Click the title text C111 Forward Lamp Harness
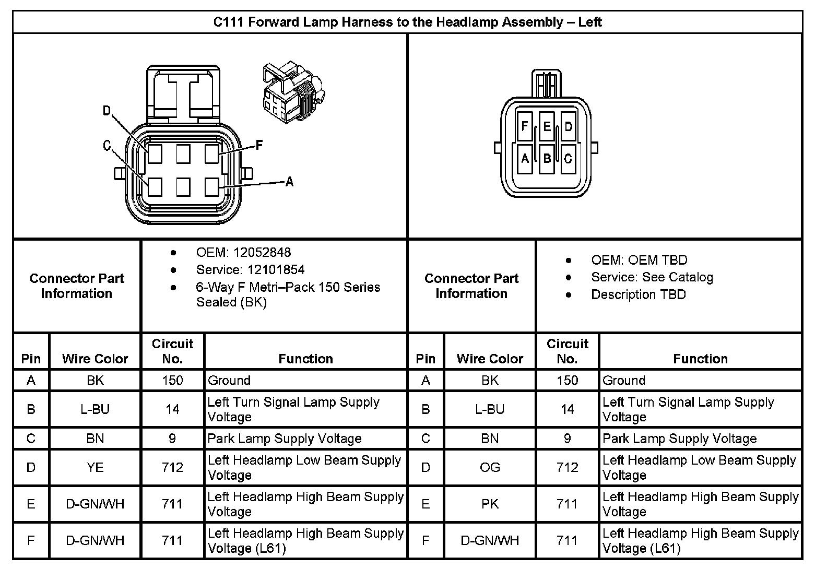tap(407, 22)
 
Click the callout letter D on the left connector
tap(107, 111)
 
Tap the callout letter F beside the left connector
tap(259, 145)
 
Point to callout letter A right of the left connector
tap(289, 182)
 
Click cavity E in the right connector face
tap(547, 126)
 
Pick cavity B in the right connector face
tap(547, 158)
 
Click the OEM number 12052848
tap(262, 252)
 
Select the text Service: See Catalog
tap(652, 277)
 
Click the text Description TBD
tap(638, 294)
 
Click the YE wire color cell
tap(95, 467)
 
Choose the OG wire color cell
tap(490, 467)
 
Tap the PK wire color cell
tap(490, 504)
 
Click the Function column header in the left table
tap(305, 359)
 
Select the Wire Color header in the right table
tap(490, 359)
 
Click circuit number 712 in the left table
tap(172, 467)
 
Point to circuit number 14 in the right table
tap(567, 409)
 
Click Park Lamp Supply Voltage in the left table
tap(285, 439)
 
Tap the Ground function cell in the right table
tap(624, 380)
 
